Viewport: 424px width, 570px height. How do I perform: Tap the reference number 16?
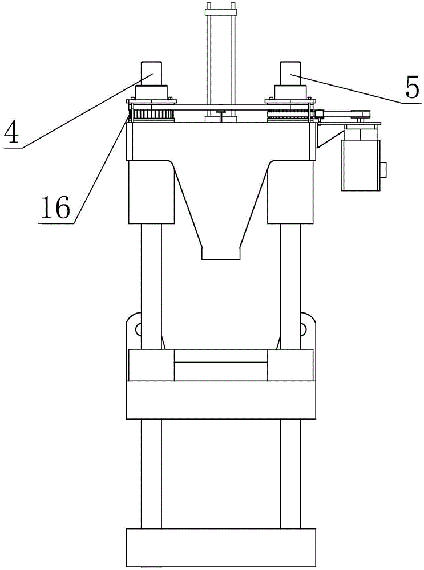[x=55, y=207]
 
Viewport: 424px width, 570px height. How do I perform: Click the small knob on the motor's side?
[x=383, y=170]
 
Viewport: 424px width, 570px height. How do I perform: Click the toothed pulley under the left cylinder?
[x=154, y=115]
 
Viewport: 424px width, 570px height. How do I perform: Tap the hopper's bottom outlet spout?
[x=220, y=253]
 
